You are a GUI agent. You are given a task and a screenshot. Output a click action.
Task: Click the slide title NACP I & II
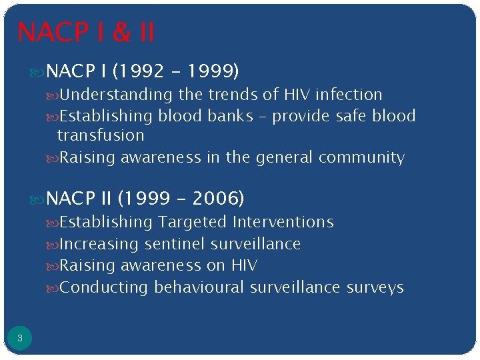[86, 31]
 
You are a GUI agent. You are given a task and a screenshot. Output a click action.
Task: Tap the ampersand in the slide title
[121, 32]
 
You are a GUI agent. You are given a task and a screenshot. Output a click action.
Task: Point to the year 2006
[216, 199]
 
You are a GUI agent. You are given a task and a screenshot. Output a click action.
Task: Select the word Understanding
[115, 95]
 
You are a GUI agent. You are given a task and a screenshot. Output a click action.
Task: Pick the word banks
[230, 116]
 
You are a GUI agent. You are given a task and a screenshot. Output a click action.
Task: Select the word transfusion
[101, 135]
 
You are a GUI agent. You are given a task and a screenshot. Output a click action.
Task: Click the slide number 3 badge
[20, 339]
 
